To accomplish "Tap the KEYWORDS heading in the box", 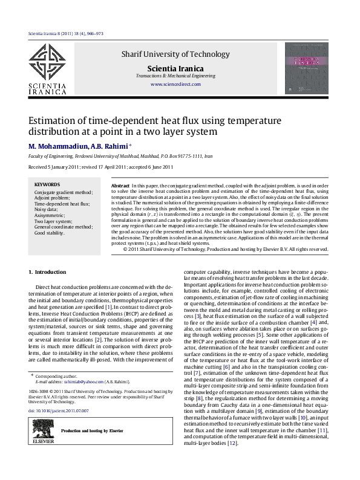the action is click(47, 184).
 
